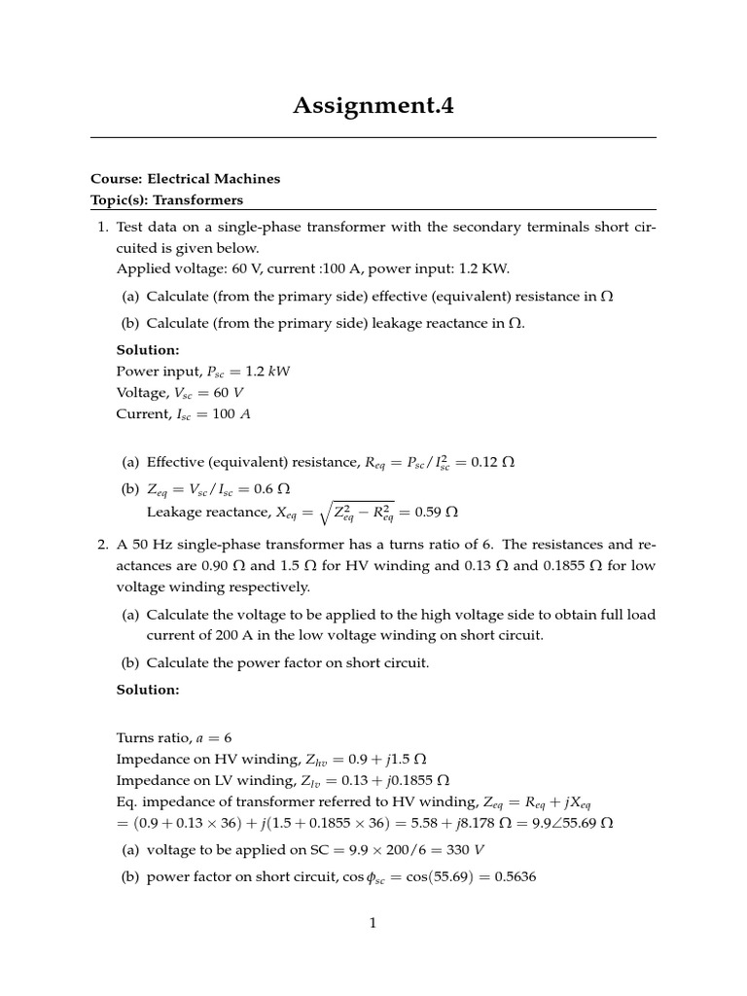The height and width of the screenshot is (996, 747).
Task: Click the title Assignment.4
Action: [373, 105]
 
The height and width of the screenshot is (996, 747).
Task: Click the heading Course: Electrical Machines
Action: [185, 179]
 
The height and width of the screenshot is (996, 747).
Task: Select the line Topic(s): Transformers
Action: [166, 200]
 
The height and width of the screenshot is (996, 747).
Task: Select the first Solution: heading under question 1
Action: [148, 349]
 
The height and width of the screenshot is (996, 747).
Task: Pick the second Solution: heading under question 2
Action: [148, 690]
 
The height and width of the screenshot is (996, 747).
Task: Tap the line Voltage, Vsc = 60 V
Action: [180, 392]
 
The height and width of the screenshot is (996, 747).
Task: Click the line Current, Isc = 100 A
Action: [183, 413]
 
